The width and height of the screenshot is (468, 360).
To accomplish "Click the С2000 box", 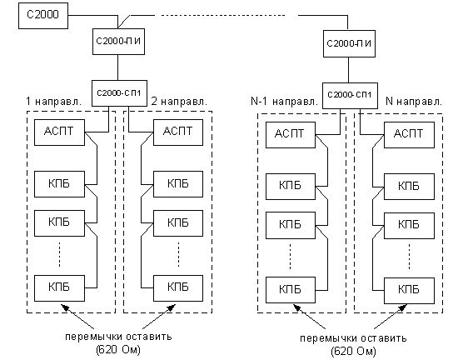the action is point(43,16).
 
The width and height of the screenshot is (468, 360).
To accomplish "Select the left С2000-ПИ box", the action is point(118,42).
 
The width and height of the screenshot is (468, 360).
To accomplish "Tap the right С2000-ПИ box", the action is point(349,43).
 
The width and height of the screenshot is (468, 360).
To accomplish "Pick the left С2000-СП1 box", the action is point(119,93).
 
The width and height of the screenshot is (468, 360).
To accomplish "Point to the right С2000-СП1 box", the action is point(350,96).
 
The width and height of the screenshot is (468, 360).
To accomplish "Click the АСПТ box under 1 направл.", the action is point(59,132).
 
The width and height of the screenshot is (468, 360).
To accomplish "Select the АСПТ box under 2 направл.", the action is point(178,132).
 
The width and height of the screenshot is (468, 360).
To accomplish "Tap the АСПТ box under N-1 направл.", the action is point(291,135).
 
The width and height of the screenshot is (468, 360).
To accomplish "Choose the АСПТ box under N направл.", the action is point(409,135).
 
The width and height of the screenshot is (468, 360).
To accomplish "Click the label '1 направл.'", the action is point(54,102).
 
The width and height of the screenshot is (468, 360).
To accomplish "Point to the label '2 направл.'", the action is point(179,102).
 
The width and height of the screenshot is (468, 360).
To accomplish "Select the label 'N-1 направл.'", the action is point(285,102).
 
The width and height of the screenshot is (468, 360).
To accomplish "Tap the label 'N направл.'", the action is point(414,102).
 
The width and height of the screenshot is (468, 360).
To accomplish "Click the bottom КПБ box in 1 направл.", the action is point(59,288).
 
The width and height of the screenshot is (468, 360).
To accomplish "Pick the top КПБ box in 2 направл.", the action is point(178,184).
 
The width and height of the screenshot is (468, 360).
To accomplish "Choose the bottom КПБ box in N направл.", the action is point(409,291).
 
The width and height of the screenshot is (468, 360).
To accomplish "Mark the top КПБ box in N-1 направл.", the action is point(291,187).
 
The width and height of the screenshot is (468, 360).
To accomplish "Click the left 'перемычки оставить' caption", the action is point(118,337).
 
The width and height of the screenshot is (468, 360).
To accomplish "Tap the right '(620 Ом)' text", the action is point(353,352).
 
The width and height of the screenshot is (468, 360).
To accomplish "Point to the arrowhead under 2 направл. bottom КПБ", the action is point(172,307).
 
